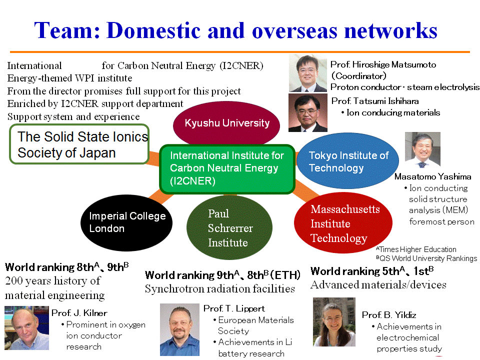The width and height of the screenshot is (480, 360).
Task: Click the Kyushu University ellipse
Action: [226, 123]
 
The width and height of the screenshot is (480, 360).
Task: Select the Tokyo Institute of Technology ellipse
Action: [348, 161]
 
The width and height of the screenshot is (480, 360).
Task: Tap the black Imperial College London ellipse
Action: [126, 222]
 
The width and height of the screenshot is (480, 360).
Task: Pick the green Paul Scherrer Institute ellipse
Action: [229, 228]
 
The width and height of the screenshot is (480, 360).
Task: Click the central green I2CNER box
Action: [227, 169]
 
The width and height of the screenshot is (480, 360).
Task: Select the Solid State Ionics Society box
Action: [79, 144]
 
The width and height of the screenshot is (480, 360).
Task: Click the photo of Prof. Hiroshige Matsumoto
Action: [308, 73]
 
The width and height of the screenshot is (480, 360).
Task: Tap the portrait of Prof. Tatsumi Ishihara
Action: [308, 113]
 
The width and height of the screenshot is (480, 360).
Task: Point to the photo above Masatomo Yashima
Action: [422, 150]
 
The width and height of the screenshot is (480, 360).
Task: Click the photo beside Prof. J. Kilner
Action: [26, 328]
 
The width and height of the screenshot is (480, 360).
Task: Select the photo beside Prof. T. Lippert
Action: [179, 329]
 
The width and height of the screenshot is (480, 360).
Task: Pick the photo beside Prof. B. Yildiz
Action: [334, 322]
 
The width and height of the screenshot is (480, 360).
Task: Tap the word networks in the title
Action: [390, 30]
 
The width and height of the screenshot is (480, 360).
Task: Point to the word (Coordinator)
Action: [359, 76]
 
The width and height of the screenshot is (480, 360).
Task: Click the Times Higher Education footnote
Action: [416, 249]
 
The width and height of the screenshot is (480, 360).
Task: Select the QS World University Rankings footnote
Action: [426, 258]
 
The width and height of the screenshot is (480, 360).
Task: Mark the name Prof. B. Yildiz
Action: [389, 315]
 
